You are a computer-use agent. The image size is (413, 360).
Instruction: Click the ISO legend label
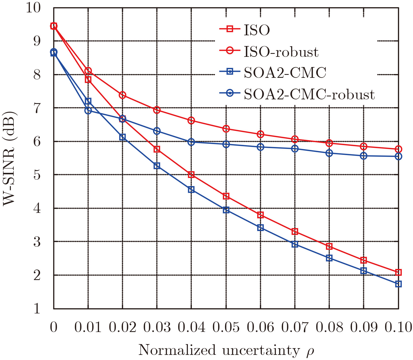click(x=257, y=30)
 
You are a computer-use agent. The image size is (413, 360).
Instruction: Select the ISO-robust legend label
click(x=281, y=52)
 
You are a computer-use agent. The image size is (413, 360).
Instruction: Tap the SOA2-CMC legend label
click(x=285, y=73)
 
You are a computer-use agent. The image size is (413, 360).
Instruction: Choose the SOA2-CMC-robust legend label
click(x=309, y=94)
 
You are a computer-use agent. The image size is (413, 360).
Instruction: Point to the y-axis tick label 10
click(x=33, y=8)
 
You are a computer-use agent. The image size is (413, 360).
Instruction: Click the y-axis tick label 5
click(x=37, y=175)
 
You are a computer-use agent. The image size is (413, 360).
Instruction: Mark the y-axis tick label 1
click(x=37, y=309)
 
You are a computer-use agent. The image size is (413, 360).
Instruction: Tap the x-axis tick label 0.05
click(x=226, y=327)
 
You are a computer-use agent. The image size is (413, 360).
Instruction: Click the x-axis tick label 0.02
click(x=122, y=327)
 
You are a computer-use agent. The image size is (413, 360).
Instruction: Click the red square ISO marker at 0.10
click(x=398, y=272)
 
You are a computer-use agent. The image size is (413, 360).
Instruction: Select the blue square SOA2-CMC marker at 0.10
click(x=398, y=284)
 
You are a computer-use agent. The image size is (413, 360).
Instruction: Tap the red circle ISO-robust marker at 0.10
click(x=398, y=149)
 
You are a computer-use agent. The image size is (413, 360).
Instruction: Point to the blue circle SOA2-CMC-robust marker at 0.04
click(x=191, y=142)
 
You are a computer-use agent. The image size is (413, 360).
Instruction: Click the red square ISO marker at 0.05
click(x=226, y=196)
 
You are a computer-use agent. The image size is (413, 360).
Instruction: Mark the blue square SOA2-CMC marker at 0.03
click(x=157, y=166)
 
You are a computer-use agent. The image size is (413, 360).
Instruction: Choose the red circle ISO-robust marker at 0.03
click(x=157, y=110)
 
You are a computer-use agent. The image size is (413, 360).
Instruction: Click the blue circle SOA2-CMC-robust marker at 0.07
click(x=295, y=149)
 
